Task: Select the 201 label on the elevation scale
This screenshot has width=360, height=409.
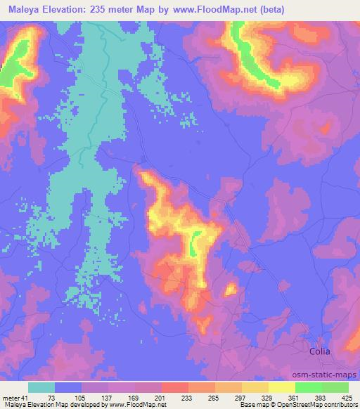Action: point(161,398)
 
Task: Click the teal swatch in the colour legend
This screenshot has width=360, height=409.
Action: point(41,387)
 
